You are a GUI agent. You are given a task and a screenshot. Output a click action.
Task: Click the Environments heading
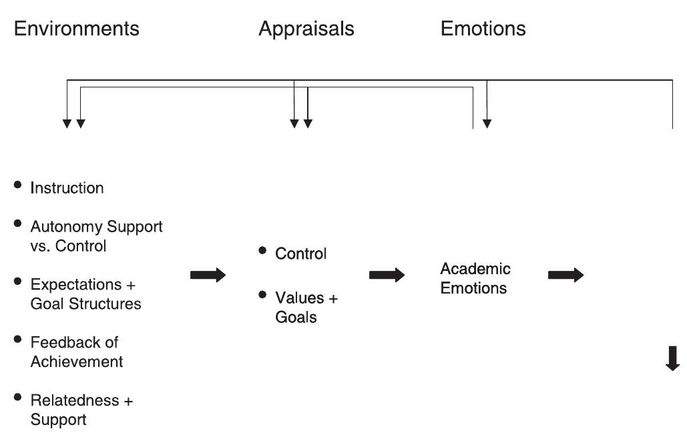(x=76, y=29)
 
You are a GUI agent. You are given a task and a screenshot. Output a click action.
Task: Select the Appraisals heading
(x=306, y=29)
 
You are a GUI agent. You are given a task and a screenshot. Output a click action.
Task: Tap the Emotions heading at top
(x=483, y=29)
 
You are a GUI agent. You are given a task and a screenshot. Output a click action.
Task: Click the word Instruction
(x=67, y=188)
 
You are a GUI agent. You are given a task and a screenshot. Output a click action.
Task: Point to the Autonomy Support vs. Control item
(x=96, y=236)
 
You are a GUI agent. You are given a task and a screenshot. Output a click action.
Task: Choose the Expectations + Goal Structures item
(x=85, y=294)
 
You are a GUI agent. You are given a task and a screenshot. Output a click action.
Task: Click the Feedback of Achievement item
(x=76, y=352)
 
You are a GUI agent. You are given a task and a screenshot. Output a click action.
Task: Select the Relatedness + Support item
(x=81, y=410)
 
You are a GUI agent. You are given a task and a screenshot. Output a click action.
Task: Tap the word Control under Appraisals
(x=300, y=254)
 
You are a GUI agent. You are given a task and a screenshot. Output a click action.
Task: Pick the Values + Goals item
(x=306, y=307)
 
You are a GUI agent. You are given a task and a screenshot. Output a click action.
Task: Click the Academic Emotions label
(x=475, y=278)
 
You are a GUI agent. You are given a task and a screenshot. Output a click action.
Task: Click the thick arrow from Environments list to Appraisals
(x=208, y=275)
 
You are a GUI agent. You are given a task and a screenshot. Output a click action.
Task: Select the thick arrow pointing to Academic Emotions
(x=387, y=275)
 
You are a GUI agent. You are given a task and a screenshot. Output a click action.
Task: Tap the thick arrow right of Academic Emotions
(x=566, y=275)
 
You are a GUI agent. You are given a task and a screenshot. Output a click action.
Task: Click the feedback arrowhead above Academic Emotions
(x=487, y=123)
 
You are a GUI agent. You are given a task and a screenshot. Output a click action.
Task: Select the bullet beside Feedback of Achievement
(x=18, y=339)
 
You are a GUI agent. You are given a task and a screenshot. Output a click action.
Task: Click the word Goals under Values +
(x=296, y=317)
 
